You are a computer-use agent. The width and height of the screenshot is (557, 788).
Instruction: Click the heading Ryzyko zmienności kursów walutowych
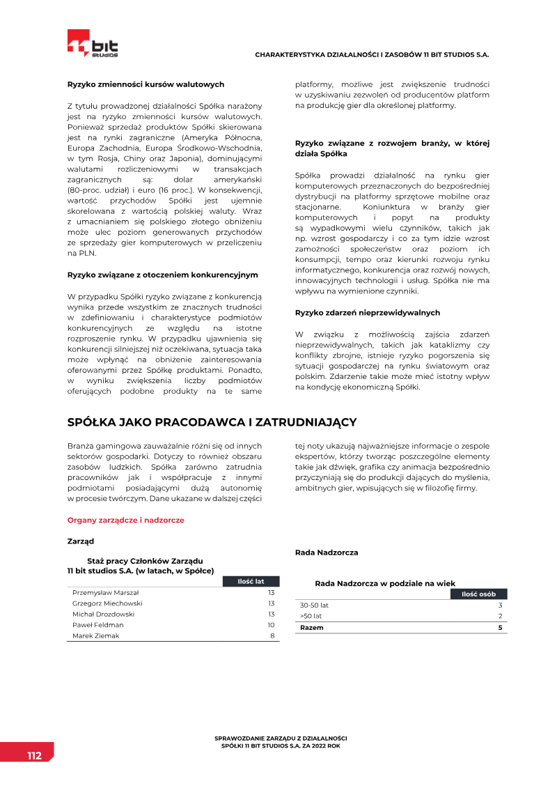(146, 84)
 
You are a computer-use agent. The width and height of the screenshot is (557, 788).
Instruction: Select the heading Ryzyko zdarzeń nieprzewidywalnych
(368, 313)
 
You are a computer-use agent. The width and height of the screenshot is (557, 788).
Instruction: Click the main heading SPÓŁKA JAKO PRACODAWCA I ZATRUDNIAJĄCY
(212, 422)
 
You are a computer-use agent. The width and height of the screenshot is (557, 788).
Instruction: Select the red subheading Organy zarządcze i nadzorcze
(125, 520)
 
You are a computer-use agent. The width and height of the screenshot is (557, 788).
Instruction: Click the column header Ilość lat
(251, 581)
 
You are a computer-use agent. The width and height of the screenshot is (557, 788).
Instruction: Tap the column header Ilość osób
(478, 594)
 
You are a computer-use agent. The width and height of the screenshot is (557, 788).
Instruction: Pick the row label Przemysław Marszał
(106, 592)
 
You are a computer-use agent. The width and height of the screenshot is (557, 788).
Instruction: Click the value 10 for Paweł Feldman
(271, 625)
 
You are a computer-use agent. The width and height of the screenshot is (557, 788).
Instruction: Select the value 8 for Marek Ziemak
(272, 636)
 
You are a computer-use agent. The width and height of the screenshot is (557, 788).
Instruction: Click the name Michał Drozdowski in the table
(103, 615)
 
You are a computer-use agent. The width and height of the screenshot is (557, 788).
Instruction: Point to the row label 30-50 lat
(314, 605)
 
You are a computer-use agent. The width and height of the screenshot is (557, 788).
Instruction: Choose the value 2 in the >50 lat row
(500, 617)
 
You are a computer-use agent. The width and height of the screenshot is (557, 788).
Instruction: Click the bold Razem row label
(311, 628)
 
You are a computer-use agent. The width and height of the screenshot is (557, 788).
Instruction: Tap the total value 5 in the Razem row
(500, 628)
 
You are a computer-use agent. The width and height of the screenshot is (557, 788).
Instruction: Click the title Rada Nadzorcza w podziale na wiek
(385, 583)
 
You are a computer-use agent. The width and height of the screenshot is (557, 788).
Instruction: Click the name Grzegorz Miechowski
(107, 603)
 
